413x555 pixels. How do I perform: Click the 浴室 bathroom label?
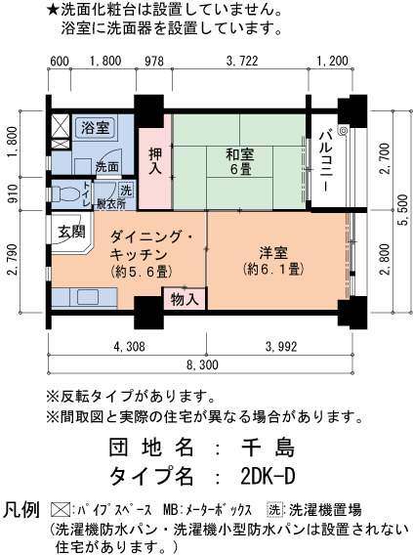click(x=95, y=127)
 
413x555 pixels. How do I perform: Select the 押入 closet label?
click(x=155, y=160)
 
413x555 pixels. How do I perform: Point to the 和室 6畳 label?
click(x=240, y=162)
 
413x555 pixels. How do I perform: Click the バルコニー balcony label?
click(x=326, y=161)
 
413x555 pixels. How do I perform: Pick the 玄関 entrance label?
click(x=71, y=232)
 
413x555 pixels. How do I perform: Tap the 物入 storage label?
click(x=185, y=300)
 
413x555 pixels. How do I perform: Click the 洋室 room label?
click(x=273, y=261)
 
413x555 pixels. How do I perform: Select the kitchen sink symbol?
click(x=87, y=297)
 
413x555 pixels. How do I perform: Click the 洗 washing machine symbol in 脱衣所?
click(x=126, y=191)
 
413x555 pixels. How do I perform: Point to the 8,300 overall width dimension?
click(x=202, y=364)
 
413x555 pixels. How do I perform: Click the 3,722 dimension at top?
click(x=242, y=62)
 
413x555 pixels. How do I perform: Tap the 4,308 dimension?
click(x=129, y=346)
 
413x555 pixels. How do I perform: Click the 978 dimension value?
click(x=154, y=62)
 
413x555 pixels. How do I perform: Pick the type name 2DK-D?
click(x=268, y=476)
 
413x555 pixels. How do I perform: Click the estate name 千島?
click(x=268, y=448)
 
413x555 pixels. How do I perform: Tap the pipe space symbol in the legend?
click(x=61, y=510)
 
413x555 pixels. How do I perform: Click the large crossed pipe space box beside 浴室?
click(x=61, y=126)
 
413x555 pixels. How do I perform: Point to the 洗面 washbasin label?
click(x=106, y=167)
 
